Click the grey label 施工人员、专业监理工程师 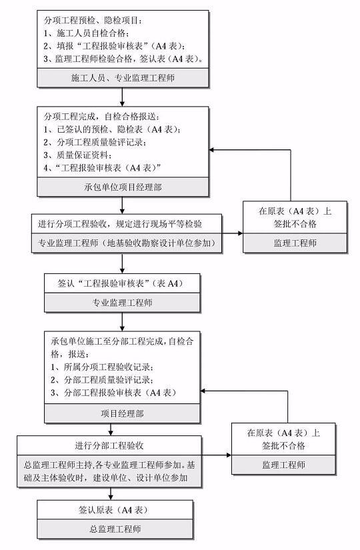click(x=123, y=77)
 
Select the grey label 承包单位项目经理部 click(x=123, y=187)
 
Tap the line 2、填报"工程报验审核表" click(x=115, y=46)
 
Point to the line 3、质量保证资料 click(x=78, y=155)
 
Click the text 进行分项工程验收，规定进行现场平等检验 click(x=120, y=224)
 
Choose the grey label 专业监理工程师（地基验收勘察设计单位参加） click(x=127, y=243)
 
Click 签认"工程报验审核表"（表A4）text click(x=121, y=283)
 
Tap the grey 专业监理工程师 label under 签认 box click(x=122, y=303)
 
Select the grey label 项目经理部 click(x=122, y=413)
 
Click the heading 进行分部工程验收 click(x=109, y=445)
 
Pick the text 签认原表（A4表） click(x=113, y=509)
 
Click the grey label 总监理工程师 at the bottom click(x=115, y=529)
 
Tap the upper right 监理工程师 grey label click(x=295, y=243)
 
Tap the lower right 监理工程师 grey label click(x=283, y=465)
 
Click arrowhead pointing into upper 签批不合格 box click(x=241, y=233)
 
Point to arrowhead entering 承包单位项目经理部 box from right click(x=211, y=150)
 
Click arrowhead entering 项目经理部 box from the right click(x=203, y=391)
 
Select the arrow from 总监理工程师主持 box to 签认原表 click(x=111, y=494)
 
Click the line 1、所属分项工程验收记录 click(x=102, y=367)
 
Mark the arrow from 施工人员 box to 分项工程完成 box click(x=122, y=97)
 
